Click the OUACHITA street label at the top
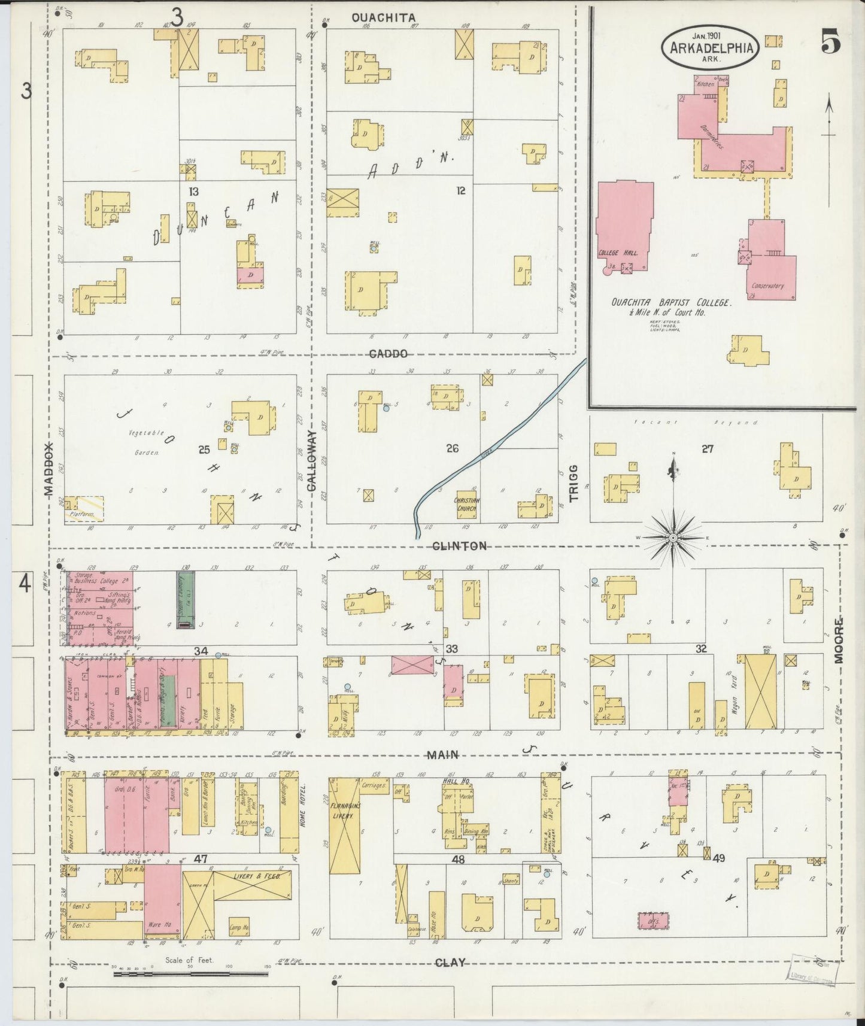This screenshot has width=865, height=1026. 383,18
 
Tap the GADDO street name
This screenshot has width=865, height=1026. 389,354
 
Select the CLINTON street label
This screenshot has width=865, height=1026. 460,545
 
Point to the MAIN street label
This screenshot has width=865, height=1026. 443,755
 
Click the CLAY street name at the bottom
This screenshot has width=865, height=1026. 450,963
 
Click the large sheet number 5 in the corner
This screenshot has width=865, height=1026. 830,43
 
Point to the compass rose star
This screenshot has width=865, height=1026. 673,538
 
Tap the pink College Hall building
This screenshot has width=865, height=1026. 624,224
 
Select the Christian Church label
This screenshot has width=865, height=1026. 468,505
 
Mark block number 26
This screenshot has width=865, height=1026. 452,448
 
